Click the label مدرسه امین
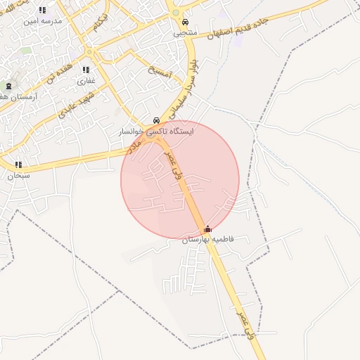(x=43, y=21)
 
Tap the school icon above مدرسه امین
(x=42, y=11)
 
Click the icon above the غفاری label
(x=86, y=70)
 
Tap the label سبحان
(x=19, y=176)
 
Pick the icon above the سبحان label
(x=18, y=165)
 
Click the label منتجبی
(x=185, y=32)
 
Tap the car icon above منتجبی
(x=184, y=22)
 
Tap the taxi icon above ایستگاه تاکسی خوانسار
(x=156, y=120)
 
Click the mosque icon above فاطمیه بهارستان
(x=207, y=229)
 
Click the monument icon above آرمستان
(x=8, y=85)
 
